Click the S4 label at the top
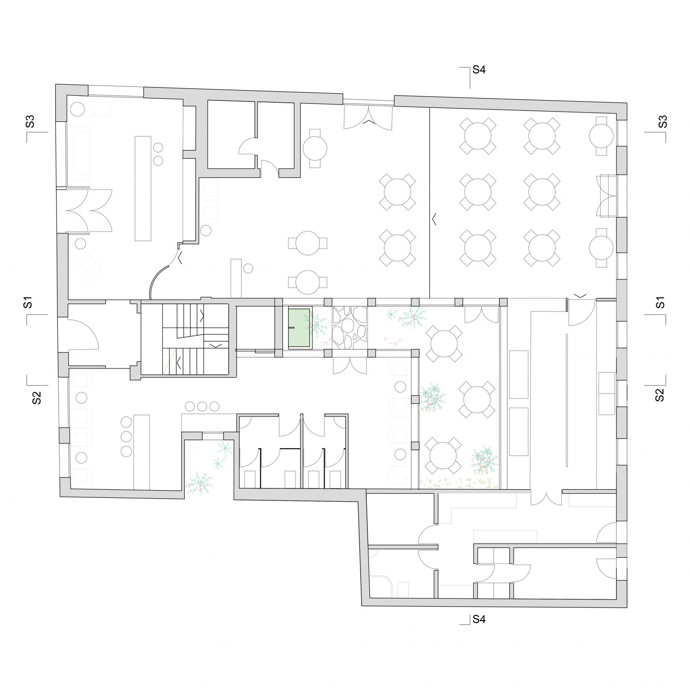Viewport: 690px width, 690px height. coord(479,70)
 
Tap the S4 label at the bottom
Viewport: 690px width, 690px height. coord(479,619)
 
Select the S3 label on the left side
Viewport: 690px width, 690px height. coord(30,122)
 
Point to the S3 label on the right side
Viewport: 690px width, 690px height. coord(663,122)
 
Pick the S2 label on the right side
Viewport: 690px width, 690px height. coord(660,395)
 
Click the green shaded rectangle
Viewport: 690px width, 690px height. coord(299,328)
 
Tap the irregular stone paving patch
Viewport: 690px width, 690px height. coord(350,328)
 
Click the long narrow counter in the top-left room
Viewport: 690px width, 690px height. coord(143,188)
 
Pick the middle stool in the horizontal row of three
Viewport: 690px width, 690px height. coord(202,406)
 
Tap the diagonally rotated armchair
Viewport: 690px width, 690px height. coord(89,267)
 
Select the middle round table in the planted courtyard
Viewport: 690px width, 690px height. coord(477,399)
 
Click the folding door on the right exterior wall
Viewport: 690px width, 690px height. coord(606,196)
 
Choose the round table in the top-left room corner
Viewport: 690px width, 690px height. coord(77,109)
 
